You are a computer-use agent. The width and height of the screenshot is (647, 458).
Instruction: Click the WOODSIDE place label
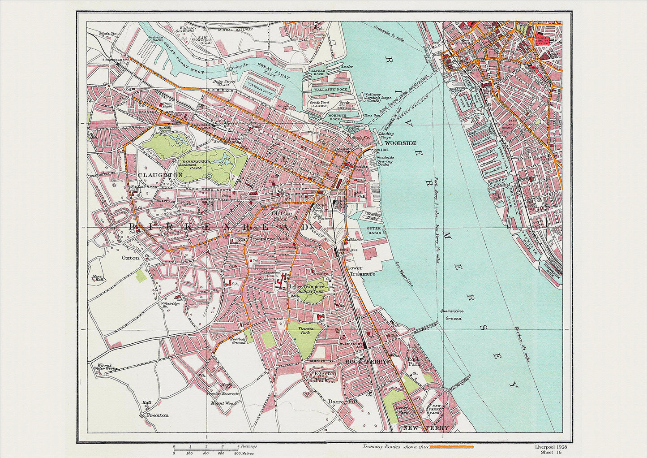pos(400,143)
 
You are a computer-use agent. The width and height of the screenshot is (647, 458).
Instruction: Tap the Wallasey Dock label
pos(330,90)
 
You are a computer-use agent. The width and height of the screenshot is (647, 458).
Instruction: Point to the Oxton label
pos(130,258)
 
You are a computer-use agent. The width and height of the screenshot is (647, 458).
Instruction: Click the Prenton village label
pos(158,415)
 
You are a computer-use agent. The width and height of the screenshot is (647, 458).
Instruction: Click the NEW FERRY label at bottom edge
pos(425,428)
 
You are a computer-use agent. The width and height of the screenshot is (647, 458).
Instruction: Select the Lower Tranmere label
pos(361,271)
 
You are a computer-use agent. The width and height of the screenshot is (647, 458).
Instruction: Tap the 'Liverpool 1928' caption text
pos(551,447)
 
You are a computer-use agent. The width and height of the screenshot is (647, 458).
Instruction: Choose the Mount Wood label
pos(223,403)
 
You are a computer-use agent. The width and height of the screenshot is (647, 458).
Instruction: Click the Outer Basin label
pos(374,231)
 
